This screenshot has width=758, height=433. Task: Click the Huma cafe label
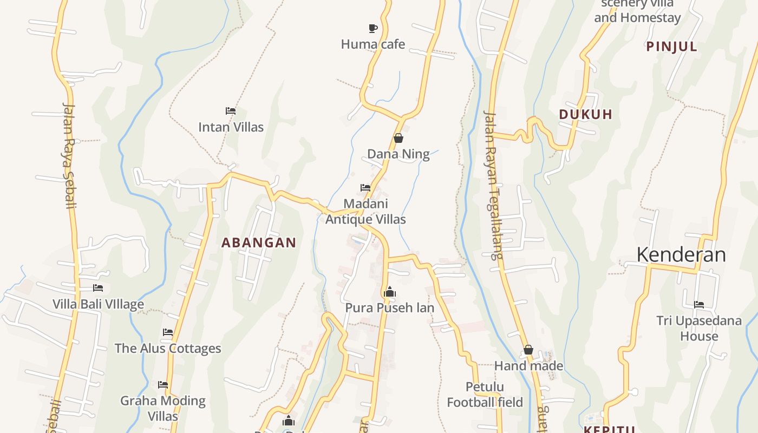click(x=373, y=44)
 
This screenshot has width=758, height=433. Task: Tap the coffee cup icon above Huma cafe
click(x=373, y=28)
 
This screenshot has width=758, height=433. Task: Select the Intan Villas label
click(x=231, y=127)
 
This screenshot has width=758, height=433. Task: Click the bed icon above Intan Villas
click(x=231, y=111)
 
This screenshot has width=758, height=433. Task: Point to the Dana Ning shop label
click(x=398, y=154)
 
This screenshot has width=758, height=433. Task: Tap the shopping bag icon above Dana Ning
click(x=398, y=138)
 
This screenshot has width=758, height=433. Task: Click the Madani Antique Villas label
click(x=365, y=212)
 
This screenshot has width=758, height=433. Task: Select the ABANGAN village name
click(x=259, y=243)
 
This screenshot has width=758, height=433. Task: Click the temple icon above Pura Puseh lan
click(x=389, y=292)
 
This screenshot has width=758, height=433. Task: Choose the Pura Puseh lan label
click(x=389, y=308)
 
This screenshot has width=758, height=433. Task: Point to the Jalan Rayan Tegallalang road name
click(x=492, y=184)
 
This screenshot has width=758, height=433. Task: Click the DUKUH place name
click(x=585, y=114)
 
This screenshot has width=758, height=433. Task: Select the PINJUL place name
click(x=671, y=47)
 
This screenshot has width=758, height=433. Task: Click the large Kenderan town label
click(x=681, y=254)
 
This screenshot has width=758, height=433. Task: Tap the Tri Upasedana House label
click(x=699, y=328)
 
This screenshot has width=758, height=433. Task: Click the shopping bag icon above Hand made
click(x=528, y=350)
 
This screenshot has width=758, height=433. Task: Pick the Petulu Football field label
click(x=485, y=395)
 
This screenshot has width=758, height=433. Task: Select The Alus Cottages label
click(x=168, y=348)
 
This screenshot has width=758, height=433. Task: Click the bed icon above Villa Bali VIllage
click(x=98, y=288)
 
